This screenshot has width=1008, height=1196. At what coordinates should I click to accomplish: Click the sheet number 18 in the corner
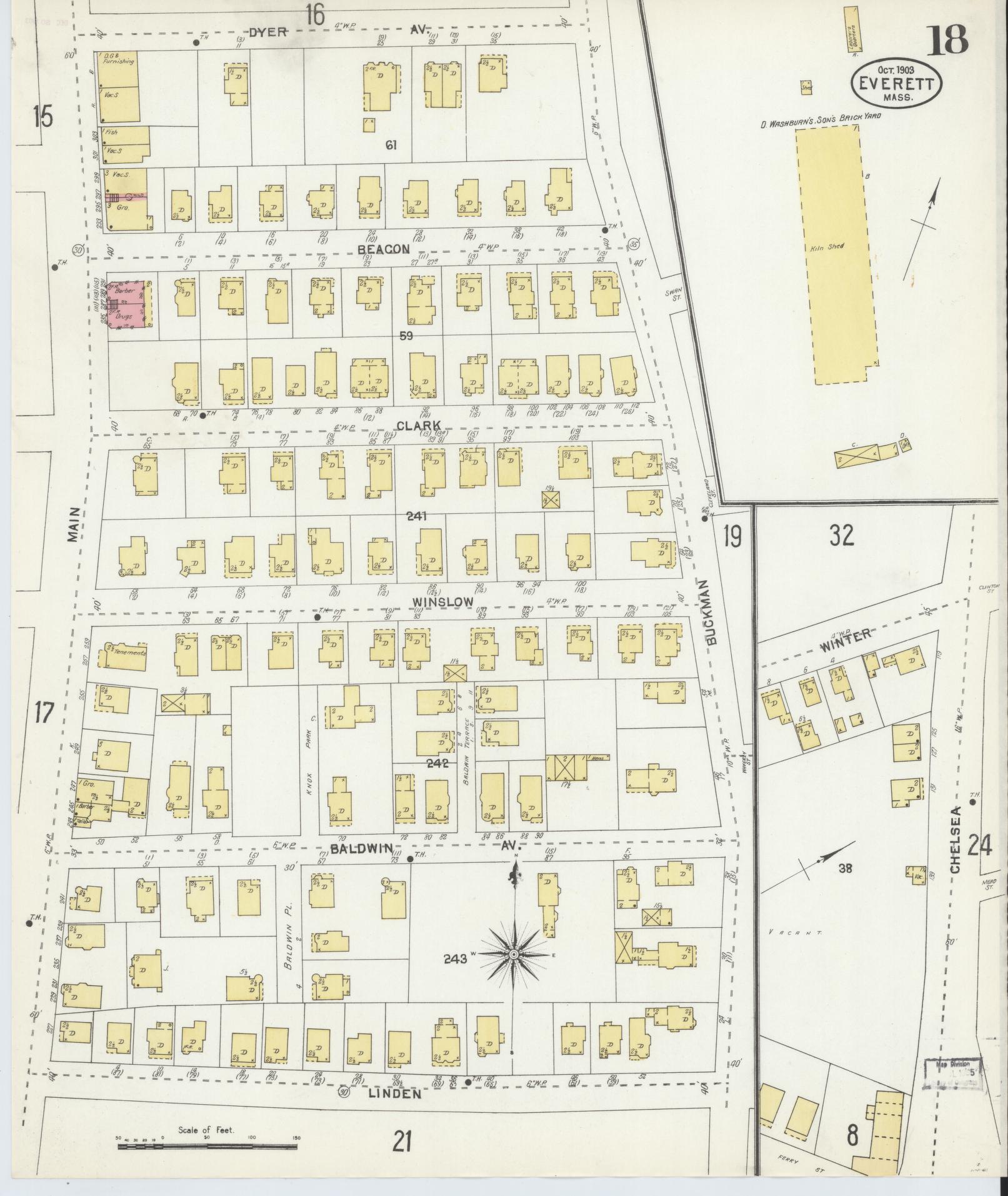click(x=947, y=40)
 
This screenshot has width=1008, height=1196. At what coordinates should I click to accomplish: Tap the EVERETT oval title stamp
click(x=897, y=83)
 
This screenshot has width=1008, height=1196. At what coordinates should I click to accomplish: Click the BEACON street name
click(x=384, y=249)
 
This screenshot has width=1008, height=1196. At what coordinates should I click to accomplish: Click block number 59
click(x=406, y=336)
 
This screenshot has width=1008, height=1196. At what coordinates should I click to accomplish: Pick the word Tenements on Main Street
click(x=130, y=652)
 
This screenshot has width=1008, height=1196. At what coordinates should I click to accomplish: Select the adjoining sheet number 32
click(x=841, y=536)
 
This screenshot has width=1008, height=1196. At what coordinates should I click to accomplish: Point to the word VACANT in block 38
click(x=792, y=950)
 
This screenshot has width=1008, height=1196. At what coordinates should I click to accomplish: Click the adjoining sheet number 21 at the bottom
click(x=402, y=1142)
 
